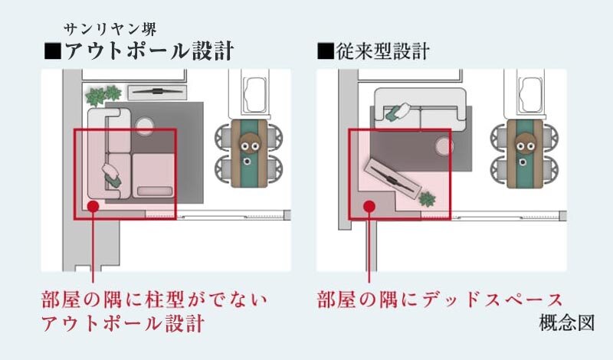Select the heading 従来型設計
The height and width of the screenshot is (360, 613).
point(373,53)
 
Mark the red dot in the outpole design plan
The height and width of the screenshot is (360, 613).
point(93,205)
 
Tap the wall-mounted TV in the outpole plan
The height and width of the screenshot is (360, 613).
point(156,92)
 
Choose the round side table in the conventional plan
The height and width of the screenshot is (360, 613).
point(443,145)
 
